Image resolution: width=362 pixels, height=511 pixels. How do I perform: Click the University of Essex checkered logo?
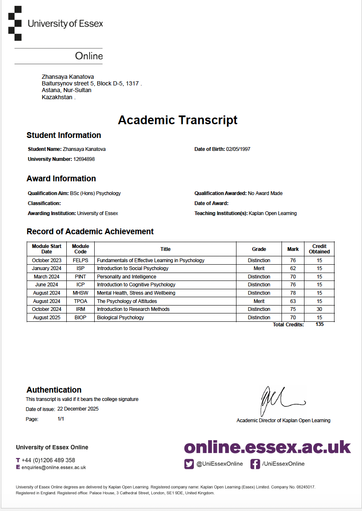(x=15, y=23)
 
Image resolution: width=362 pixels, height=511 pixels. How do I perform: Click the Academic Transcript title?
(x=178, y=120)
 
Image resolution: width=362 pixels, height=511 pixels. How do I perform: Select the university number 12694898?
(x=84, y=159)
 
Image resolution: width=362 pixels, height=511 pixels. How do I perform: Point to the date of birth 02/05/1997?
(x=238, y=149)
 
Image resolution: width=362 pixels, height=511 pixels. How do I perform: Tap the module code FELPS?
(x=80, y=261)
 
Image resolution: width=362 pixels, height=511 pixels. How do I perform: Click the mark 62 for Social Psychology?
(x=293, y=268)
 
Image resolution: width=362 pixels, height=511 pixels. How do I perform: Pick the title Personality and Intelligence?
(x=127, y=277)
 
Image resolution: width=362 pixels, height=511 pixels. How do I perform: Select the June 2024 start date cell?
(x=47, y=285)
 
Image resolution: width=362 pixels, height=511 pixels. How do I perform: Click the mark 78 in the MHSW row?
(x=293, y=293)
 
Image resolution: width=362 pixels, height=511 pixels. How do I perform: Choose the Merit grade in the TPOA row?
(x=259, y=301)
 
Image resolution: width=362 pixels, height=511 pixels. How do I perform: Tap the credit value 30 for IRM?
(x=319, y=309)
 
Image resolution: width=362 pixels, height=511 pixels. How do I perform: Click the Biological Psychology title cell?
(x=121, y=318)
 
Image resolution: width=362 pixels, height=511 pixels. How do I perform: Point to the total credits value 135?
(x=319, y=324)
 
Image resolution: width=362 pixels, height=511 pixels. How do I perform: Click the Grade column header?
(x=259, y=249)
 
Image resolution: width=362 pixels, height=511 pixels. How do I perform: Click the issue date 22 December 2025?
(x=78, y=409)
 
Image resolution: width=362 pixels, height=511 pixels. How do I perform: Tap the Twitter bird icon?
(x=189, y=464)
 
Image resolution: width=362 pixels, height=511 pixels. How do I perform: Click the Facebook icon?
(x=255, y=464)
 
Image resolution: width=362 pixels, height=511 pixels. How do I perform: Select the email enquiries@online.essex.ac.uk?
(x=54, y=468)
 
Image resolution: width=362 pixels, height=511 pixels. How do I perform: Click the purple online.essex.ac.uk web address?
(x=267, y=447)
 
